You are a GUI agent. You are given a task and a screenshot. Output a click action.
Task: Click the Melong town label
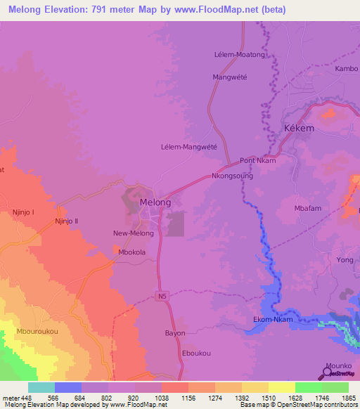pos(155,202)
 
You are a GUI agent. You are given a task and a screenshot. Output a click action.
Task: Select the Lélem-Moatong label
pos(239,54)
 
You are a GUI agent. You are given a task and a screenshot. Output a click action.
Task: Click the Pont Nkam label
pos(257,160)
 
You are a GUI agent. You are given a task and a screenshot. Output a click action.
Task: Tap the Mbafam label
pos(309,208)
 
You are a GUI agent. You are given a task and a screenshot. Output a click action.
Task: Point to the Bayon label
pos(175,332)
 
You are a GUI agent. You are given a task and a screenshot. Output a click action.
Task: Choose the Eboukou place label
pos(196,353)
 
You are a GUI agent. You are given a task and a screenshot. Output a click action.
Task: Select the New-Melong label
pos(133,233)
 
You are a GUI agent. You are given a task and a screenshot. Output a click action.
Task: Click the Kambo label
pos(346,69)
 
